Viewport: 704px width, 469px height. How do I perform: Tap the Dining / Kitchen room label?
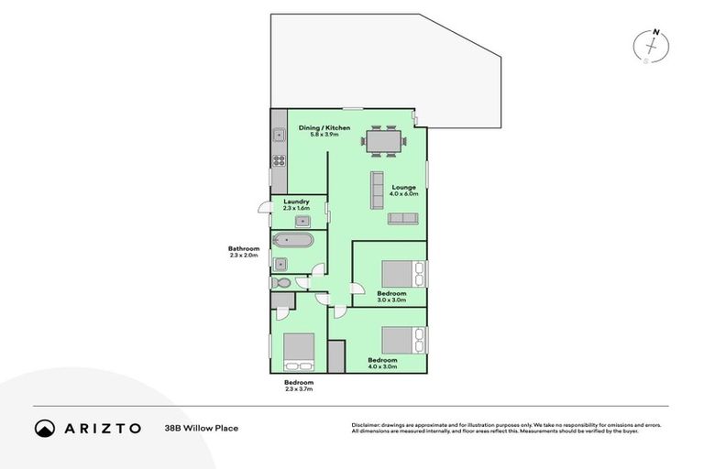click(x=324, y=127)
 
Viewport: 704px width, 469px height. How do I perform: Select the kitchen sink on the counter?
click(x=278, y=136)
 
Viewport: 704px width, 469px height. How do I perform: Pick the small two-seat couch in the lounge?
click(x=402, y=218)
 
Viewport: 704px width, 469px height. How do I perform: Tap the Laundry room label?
click(x=296, y=202)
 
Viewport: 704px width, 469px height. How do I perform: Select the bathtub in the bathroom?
click(x=292, y=242)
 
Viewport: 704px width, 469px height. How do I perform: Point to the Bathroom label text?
click(x=245, y=249)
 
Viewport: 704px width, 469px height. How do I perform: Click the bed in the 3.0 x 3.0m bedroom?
click(x=400, y=274)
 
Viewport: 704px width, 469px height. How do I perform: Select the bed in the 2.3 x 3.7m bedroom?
click(x=299, y=349)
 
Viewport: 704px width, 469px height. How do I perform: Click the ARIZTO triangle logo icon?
click(x=45, y=428)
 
